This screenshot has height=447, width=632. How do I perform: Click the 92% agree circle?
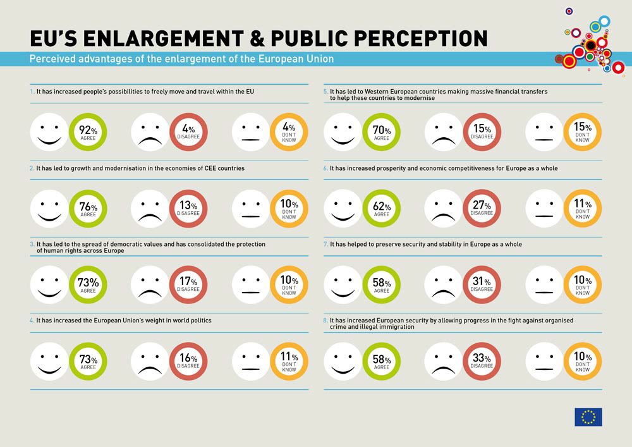pyautogui.click(x=87, y=132)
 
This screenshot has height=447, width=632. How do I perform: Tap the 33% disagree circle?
pyautogui.click(x=482, y=361)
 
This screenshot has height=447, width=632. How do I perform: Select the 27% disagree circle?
pyautogui.click(x=482, y=209)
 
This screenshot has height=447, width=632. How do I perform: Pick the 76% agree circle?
pyautogui.click(x=87, y=209)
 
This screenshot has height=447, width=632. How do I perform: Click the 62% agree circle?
pyautogui.click(x=382, y=209)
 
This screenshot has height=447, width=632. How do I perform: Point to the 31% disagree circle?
pyautogui.click(x=482, y=285)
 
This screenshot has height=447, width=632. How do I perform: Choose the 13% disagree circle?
pyautogui.click(x=188, y=209)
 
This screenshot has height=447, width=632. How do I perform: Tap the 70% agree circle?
pyautogui.click(x=382, y=132)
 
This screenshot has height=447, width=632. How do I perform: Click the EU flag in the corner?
pyautogui.click(x=588, y=417)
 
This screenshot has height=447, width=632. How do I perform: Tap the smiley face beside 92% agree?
pyautogui.click(x=49, y=132)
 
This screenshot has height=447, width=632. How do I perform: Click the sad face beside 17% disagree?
pyautogui.click(x=150, y=285)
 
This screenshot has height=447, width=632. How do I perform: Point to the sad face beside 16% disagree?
pyautogui.click(x=150, y=361)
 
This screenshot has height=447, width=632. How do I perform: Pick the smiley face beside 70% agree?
pyautogui.click(x=343, y=132)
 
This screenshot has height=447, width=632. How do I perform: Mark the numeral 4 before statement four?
pyautogui.click(x=32, y=321)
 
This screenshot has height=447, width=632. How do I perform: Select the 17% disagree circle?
pyautogui.click(x=188, y=285)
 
